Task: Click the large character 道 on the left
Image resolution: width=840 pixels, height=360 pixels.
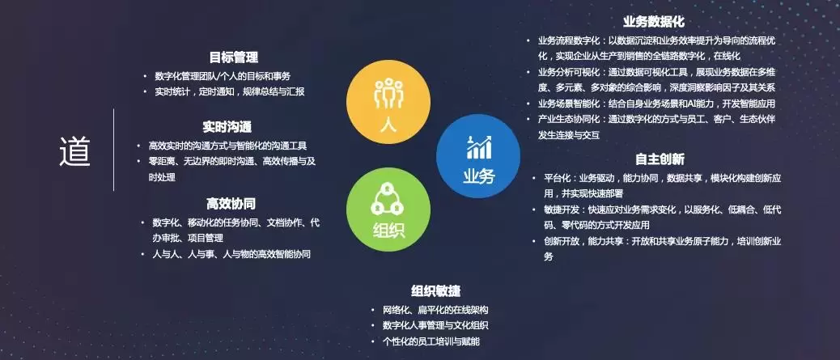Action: [75, 151]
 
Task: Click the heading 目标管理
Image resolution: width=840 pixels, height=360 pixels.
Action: [234, 57]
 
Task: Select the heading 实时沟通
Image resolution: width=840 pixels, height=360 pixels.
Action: [227, 127]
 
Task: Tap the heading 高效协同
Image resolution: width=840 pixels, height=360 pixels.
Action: [231, 204]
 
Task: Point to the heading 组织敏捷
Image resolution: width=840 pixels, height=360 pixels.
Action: [436, 291]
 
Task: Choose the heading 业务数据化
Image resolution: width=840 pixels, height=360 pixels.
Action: [654, 22]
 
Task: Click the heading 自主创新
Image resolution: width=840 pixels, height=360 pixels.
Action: [660, 159]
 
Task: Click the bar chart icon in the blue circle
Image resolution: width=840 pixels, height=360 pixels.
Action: [478, 147]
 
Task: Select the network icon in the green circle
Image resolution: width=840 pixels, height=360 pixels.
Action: [388, 199]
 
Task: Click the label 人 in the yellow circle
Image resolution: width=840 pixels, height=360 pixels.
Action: [388, 125]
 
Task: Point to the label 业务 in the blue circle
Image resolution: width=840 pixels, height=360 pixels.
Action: [479, 176]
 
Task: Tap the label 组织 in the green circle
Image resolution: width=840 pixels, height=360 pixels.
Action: [388, 231]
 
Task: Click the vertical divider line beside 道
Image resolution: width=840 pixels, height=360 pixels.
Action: [113, 150]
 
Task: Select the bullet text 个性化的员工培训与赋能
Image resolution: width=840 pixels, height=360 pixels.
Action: [431, 341]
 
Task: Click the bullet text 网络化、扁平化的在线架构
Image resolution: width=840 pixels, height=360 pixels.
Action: [435, 310]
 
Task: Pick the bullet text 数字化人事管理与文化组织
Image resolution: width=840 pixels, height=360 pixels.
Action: [435, 325]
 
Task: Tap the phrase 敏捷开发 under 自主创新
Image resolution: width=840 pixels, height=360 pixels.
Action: [562, 210]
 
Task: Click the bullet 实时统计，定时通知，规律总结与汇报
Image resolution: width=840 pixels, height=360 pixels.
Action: [230, 91]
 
